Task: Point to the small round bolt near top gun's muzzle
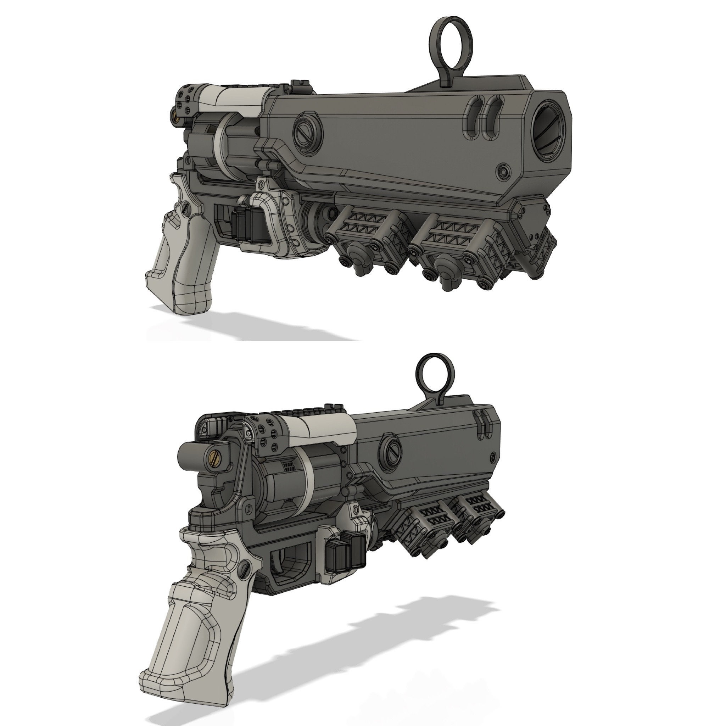tap(503, 172)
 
